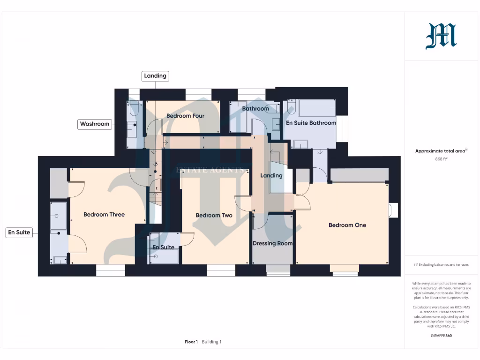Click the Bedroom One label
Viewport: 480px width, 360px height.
pyautogui.click(x=347, y=225)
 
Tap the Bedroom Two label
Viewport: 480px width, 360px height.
pyautogui.click(x=214, y=215)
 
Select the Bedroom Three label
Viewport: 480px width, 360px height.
pyautogui.click(x=104, y=214)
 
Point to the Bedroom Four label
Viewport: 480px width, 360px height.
pyautogui.click(x=185, y=116)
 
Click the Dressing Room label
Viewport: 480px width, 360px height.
pyautogui.click(x=272, y=243)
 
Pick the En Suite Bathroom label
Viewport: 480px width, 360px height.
pyautogui.click(x=311, y=123)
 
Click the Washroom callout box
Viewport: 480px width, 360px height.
pyautogui.click(x=95, y=124)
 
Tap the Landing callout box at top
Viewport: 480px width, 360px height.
pyautogui.click(x=155, y=76)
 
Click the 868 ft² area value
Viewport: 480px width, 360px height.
pyautogui.click(x=442, y=159)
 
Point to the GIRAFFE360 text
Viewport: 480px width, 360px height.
pyautogui.click(x=441, y=336)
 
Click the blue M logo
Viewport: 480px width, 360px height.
pyautogui.click(x=441, y=37)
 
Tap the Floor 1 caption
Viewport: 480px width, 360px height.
pyautogui.click(x=191, y=342)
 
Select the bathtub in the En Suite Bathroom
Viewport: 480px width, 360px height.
pyautogui.click(x=317, y=108)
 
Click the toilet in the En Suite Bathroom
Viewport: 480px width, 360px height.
pyautogui.click(x=292, y=108)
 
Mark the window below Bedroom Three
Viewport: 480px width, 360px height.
pyautogui.click(x=111, y=270)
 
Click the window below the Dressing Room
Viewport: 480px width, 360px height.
pyautogui.click(x=272, y=269)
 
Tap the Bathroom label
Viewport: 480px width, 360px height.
pyautogui.click(x=255, y=109)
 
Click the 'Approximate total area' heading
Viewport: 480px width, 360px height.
pyautogui.click(x=441, y=151)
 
